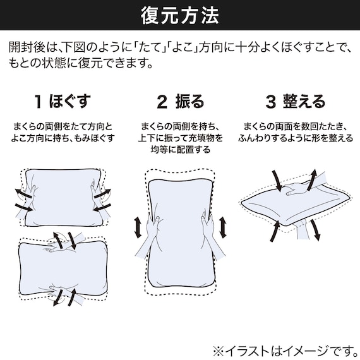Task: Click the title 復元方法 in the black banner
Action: (x=179, y=15)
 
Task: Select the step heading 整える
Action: (x=304, y=100)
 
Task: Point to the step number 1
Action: (x=39, y=100)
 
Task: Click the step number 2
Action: (x=161, y=100)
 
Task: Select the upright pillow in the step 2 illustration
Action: (x=179, y=221)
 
